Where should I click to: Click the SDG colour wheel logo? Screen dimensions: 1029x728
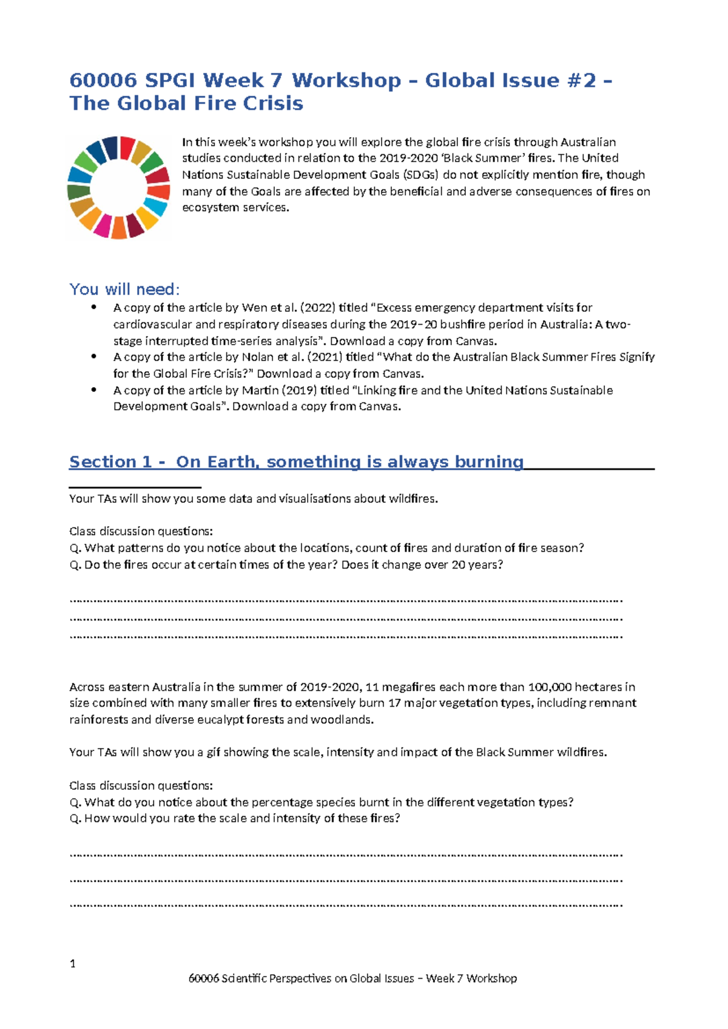coord(118,187)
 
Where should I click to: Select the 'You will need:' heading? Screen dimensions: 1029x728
coord(124,289)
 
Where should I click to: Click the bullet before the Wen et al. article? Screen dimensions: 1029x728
coord(93,307)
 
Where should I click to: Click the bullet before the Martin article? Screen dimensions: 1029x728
coord(93,390)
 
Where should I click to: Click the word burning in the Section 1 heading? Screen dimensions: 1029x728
coord(488,462)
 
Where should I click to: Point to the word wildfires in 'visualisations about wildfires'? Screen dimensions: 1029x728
coord(413,499)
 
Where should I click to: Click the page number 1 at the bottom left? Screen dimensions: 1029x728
coord(73,963)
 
